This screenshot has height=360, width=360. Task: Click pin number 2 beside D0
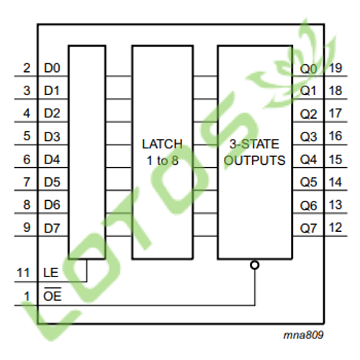tap(27, 68)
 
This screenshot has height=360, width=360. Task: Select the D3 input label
tap(52, 137)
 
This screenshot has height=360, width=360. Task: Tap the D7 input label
tap(52, 228)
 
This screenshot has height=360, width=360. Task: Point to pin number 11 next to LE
tap(23, 273)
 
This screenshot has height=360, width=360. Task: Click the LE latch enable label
tap(51, 273)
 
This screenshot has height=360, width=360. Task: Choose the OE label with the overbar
tap(53, 294)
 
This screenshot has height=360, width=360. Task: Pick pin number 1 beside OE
tap(27, 296)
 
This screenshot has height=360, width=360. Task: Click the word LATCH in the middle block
tap(162, 144)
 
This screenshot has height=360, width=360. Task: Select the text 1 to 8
tap(163, 161)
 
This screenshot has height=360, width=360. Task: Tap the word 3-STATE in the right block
tap(254, 144)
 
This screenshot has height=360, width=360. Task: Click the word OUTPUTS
tap(255, 161)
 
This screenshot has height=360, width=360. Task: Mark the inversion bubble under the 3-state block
tap(255, 265)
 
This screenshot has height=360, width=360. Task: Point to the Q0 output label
tap(309, 69)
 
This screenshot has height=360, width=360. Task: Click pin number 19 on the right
tap(336, 68)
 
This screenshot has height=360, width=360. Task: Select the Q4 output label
tap(309, 160)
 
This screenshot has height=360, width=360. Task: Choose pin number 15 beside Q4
tap(336, 160)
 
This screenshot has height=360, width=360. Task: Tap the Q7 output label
tap(309, 228)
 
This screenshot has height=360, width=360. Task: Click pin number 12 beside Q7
tap(336, 228)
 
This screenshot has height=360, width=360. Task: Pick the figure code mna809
tap(304, 335)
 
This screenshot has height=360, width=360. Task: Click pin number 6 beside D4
tap(27, 160)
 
